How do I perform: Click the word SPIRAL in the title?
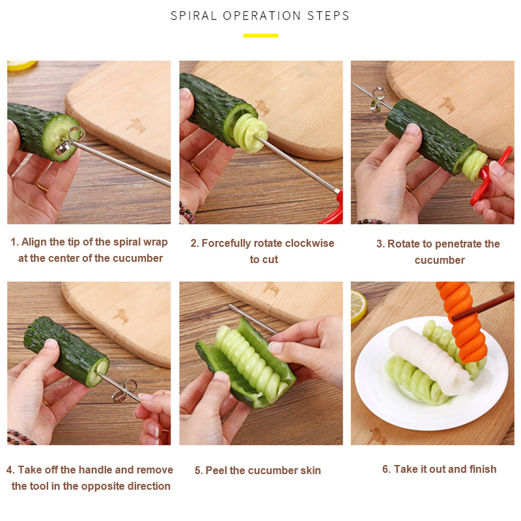[x=193, y=16]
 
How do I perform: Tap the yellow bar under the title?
[x=260, y=36]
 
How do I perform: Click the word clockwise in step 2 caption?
[x=309, y=243]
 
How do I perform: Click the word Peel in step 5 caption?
[x=216, y=470]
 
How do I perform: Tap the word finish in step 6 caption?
[x=483, y=469]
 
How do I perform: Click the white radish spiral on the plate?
[x=430, y=360]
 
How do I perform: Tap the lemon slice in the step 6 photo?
[x=358, y=306]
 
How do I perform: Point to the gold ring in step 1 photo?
[x=42, y=187]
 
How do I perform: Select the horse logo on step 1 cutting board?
[x=135, y=126]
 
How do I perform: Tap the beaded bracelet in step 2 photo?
[x=187, y=213]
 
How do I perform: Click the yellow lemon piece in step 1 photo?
[x=21, y=65]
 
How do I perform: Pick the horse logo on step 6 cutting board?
[x=377, y=436]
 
